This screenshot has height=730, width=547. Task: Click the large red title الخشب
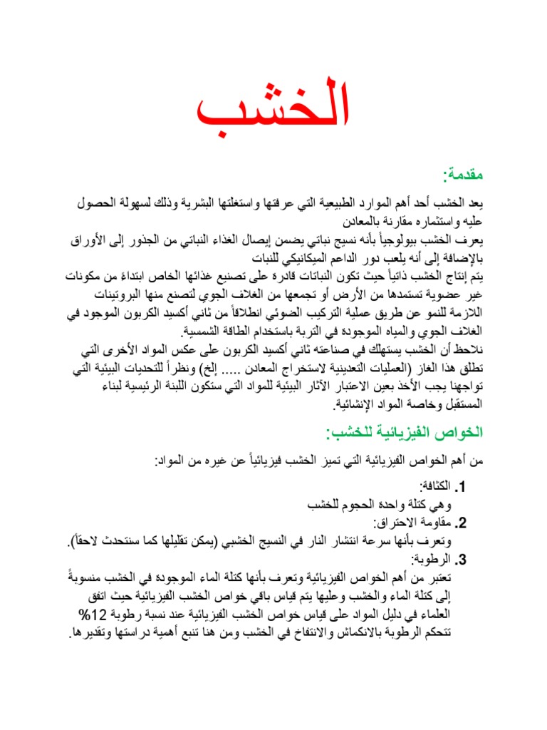coord(273,109)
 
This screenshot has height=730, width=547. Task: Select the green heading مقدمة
coord(465,175)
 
